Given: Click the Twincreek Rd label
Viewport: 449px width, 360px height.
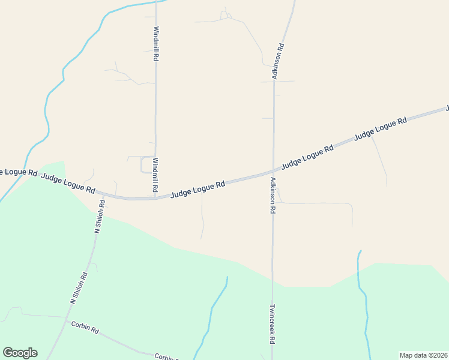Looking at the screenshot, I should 272,323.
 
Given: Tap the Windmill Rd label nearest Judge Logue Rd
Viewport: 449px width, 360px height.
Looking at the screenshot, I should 155,175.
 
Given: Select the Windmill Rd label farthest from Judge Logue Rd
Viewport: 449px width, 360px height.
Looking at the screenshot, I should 155,43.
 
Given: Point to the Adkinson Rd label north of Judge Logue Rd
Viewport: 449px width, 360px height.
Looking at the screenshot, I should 277,61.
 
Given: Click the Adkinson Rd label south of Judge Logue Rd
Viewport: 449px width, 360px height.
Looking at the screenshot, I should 273,196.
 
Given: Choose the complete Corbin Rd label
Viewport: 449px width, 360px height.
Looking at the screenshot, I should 85,328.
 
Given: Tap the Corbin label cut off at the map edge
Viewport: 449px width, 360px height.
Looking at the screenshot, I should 166,356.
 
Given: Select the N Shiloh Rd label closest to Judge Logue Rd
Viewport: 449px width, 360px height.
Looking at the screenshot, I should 100,216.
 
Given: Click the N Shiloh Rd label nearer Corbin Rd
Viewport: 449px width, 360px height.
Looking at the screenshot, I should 79,289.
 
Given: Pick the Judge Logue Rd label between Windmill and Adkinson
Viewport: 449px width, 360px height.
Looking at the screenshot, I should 197,190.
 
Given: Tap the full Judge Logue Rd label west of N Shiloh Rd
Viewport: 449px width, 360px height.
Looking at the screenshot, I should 68,182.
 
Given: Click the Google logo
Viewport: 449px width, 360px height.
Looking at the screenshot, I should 20,353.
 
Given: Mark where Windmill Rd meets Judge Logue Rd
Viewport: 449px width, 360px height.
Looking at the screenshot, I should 155,197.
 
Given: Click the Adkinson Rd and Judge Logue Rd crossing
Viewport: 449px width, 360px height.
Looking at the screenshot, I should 274,171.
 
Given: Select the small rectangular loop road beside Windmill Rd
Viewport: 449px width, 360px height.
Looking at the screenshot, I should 146,164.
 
